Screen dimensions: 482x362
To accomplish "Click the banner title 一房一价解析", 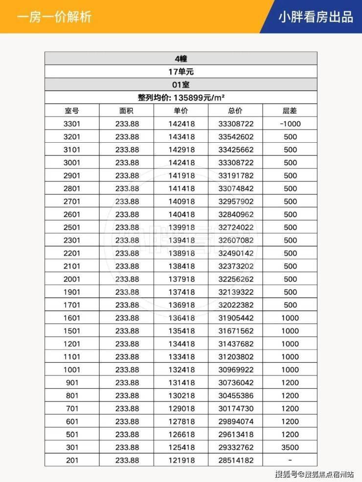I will [54, 17].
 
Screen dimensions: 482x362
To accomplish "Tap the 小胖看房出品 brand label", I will [315, 17].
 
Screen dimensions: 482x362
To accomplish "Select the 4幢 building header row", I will [181, 58].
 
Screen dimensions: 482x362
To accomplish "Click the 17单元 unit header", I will [181, 71].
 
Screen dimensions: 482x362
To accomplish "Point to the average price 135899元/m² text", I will [181, 97].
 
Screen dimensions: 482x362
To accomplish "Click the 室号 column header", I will [71, 110].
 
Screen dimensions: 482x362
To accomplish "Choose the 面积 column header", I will [126, 110].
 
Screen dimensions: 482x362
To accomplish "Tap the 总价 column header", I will [235, 110].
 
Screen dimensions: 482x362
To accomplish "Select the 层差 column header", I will [290, 110].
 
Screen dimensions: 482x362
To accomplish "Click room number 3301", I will [71, 124].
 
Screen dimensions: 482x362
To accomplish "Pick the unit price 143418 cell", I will [181, 137].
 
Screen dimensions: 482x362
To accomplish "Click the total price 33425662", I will [236, 150].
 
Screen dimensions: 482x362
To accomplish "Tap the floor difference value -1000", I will [290, 124].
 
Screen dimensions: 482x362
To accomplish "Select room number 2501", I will [71, 227].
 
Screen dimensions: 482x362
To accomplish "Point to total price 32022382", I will [236, 305].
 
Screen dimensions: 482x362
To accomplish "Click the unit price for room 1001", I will [181, 370].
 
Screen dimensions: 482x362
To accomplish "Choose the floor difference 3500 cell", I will [290, 447].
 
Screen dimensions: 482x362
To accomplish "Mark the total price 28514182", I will [236, 460].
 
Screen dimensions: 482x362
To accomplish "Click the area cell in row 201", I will [127, 460].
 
